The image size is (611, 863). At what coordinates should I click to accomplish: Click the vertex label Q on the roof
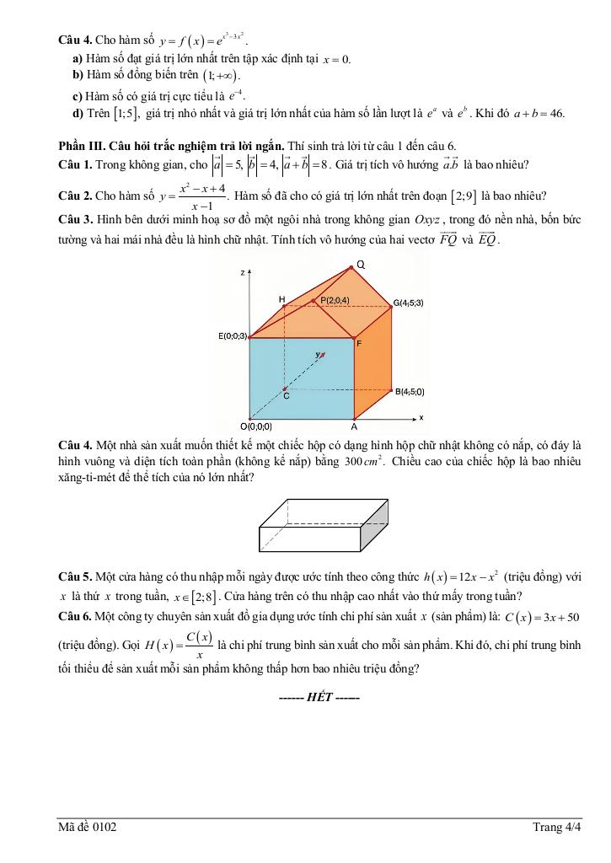pyautogui.click(x=360, y=265)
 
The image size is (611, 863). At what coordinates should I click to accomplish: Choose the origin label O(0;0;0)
pyautogui.click(x=255, y=426)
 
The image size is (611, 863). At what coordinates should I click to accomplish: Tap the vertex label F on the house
pyautogui.click(x=359, y=343)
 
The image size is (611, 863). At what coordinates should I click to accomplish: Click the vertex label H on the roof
pyautogui.click(x=282, y=299)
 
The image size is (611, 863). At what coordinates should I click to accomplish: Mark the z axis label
pyautogui.click(x=242, y=273)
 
